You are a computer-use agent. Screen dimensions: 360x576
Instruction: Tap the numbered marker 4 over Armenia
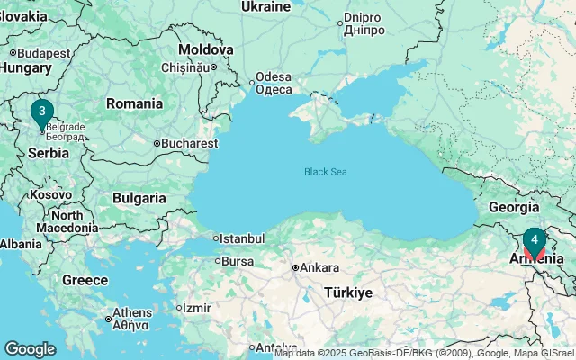click(x=535, y=240)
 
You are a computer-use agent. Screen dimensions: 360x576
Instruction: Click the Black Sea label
click(x=326, y=172)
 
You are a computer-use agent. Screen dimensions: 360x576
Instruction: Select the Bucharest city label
click(x=189, y=143)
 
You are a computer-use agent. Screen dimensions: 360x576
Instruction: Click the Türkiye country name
click(x=347, y=292)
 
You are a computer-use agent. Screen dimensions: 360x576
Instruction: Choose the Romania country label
click(x=134, y=103)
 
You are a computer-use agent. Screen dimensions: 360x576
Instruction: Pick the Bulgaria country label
click(x=139, y=198)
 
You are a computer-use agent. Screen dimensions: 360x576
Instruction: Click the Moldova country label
click(x=205, y=49)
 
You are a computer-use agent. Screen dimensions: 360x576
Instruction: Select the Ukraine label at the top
click(x=265, y=7)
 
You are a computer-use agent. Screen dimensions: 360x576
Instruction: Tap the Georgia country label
click(x=513, y=206)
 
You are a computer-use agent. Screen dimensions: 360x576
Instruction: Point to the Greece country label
click(x=85, y=280)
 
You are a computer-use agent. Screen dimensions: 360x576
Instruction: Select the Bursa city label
click(x=238, y=261)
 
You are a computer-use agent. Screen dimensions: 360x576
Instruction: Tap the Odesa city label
click(x=274, y=82)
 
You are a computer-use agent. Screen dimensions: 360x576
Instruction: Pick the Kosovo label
click(x=50, y=194)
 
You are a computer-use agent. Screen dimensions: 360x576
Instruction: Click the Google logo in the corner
click(x=30, y=348)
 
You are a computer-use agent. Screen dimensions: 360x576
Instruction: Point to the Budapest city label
click(x=43, y=53)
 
